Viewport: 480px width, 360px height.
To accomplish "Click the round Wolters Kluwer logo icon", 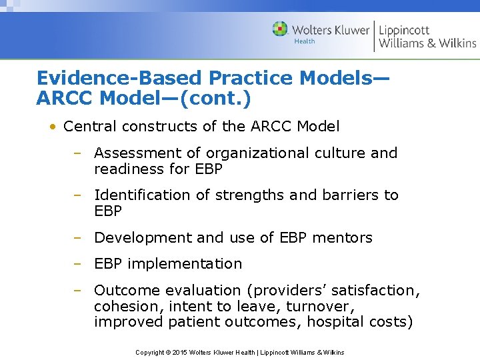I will [x=280, y=29].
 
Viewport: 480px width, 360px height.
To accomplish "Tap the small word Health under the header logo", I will [x=305, y=41].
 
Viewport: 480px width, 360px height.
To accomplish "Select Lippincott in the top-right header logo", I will [x=404, y=30].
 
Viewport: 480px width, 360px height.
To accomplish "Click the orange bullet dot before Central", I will [x=50, y=126].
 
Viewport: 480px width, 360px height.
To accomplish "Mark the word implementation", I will [x=185, y=263].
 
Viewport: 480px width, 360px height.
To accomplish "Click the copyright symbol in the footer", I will [x=169, y=352].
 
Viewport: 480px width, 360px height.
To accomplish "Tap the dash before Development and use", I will [x=77, y=237].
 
